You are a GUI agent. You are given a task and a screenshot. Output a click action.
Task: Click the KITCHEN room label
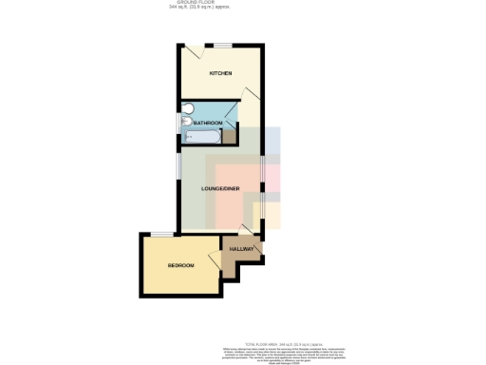(220, 73)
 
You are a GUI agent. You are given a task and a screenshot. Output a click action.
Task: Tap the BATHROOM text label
(208, 123)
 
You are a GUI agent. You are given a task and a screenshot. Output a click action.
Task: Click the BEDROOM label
(180, 265)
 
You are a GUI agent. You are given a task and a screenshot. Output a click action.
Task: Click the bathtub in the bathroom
(202, 138)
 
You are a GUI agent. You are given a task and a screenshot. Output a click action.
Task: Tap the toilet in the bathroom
(186, 107)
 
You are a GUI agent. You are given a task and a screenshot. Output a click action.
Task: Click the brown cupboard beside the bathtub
(229, 137)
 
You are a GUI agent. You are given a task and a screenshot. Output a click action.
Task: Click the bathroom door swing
(231, 112)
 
